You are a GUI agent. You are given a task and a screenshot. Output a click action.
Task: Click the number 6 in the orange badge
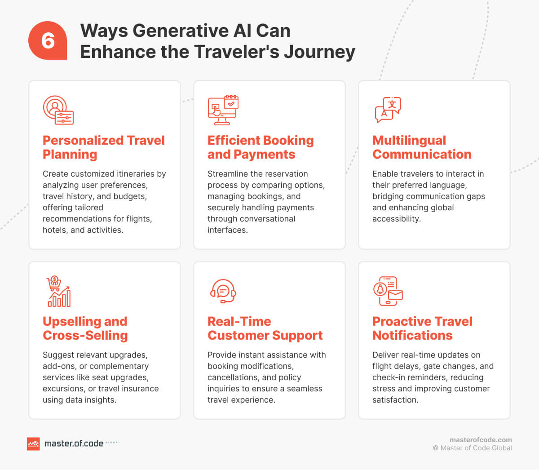pos(48,41)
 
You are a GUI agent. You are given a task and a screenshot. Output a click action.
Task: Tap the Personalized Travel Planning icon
pos(58,110)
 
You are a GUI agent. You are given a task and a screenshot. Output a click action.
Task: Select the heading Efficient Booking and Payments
pos(260,147)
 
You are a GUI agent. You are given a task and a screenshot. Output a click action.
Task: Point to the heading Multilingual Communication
pos(421,147)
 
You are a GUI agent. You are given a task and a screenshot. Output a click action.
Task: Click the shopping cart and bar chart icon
pos(59,291)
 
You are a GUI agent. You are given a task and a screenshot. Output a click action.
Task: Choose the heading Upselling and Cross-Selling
pos(85,328)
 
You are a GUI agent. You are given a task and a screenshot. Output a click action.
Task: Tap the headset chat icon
pos(223,291)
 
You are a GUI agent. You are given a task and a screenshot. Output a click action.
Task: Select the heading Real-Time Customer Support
pos(265,328)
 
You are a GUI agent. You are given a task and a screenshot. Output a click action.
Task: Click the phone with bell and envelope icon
pos(388,291)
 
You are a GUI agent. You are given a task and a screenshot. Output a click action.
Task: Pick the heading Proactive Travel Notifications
pos(422,328)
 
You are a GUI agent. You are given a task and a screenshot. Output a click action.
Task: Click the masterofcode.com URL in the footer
pos(481,440)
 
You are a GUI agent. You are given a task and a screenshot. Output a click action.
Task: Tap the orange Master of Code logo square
pos(33,444)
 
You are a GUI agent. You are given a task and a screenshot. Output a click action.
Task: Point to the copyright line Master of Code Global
pos(472,448)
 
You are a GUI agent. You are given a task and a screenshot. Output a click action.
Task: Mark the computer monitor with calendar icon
pos(223,110)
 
